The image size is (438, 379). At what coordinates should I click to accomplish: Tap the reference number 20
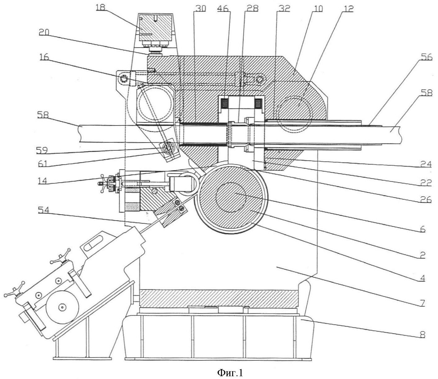[44, 32]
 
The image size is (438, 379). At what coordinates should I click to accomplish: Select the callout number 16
[44, 57]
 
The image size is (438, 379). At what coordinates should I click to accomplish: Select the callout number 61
[43, 164]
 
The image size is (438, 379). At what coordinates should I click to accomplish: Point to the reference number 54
[44, 210]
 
